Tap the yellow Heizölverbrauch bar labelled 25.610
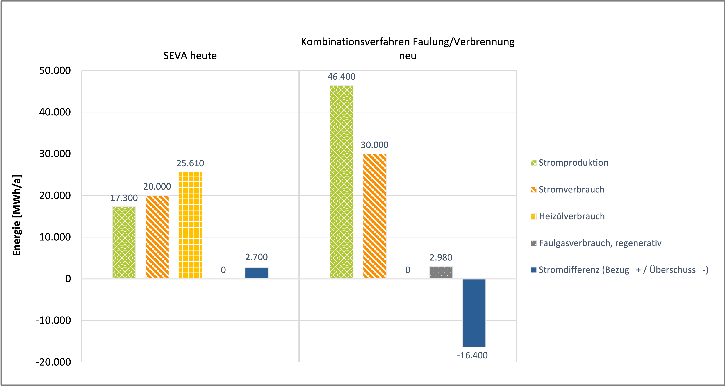(190, 225)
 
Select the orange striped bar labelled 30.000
(375, 216)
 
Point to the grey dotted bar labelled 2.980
(441, 272)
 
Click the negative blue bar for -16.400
(474, 313)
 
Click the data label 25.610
(190, 163)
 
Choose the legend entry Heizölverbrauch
(571, 216)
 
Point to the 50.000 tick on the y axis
(55, 71)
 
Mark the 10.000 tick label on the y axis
(55, 237)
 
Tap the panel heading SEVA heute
(190, 56)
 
